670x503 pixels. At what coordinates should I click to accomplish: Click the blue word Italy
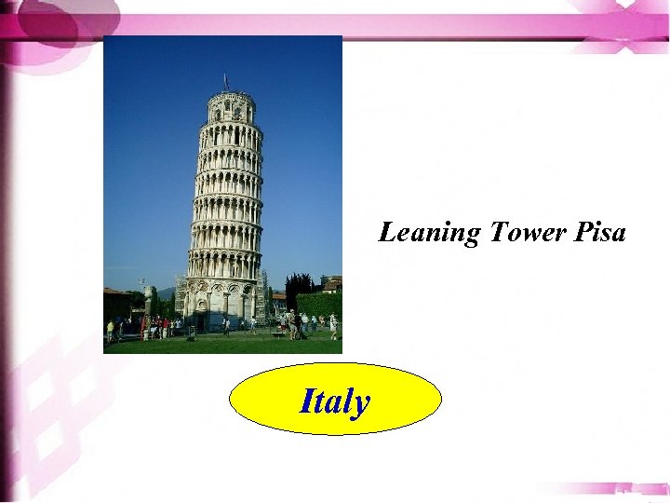(x=335, y=401)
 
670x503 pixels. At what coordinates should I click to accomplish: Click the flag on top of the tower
(x=225, y=80)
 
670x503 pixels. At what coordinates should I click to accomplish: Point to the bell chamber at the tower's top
(x=230, y=107)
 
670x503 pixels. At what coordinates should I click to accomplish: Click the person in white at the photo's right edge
(x=333, y=325)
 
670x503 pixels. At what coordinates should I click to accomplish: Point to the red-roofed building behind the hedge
(x=331, y=282)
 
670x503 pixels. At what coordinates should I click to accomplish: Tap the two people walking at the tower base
(x=225, y=325)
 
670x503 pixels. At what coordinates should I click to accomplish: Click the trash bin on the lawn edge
(x=192, y=331)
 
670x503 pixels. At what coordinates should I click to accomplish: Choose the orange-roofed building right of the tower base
(x=278, y=298)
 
